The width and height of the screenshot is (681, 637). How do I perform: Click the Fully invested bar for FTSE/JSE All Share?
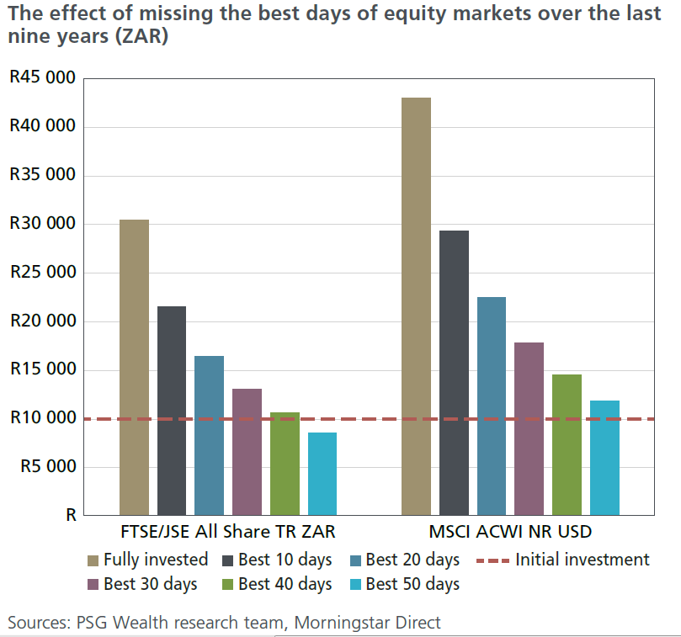click(134, 367)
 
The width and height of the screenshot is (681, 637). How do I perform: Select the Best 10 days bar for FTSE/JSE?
click(172, 411)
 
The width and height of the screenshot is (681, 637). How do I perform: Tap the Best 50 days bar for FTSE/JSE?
click(322, 474)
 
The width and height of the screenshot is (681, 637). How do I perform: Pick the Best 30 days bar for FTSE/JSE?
click(247, 452)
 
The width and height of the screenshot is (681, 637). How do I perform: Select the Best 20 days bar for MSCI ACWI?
click(492, 406)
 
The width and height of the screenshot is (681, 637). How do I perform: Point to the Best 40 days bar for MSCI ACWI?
click(567, 444)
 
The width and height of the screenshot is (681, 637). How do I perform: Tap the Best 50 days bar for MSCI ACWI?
click(604, 458)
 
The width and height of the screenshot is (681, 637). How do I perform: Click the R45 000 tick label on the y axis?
click(42, 78)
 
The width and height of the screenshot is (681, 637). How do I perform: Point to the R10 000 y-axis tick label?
click(42, 418)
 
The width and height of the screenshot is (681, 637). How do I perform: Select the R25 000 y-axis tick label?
click(42, 273)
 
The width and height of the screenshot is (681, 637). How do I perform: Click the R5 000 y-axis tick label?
click(46, 467)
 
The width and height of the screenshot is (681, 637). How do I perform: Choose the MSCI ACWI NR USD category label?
click(510, 532)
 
